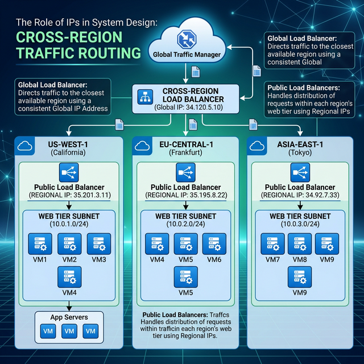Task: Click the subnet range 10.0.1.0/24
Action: point(67,225)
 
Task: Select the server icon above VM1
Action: point(40,243)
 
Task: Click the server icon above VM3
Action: point(97,243)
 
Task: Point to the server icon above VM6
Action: point(213,243)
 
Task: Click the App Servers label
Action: point(68,317)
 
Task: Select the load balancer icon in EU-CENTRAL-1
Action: point(183,171)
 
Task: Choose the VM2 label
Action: point(69,259)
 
